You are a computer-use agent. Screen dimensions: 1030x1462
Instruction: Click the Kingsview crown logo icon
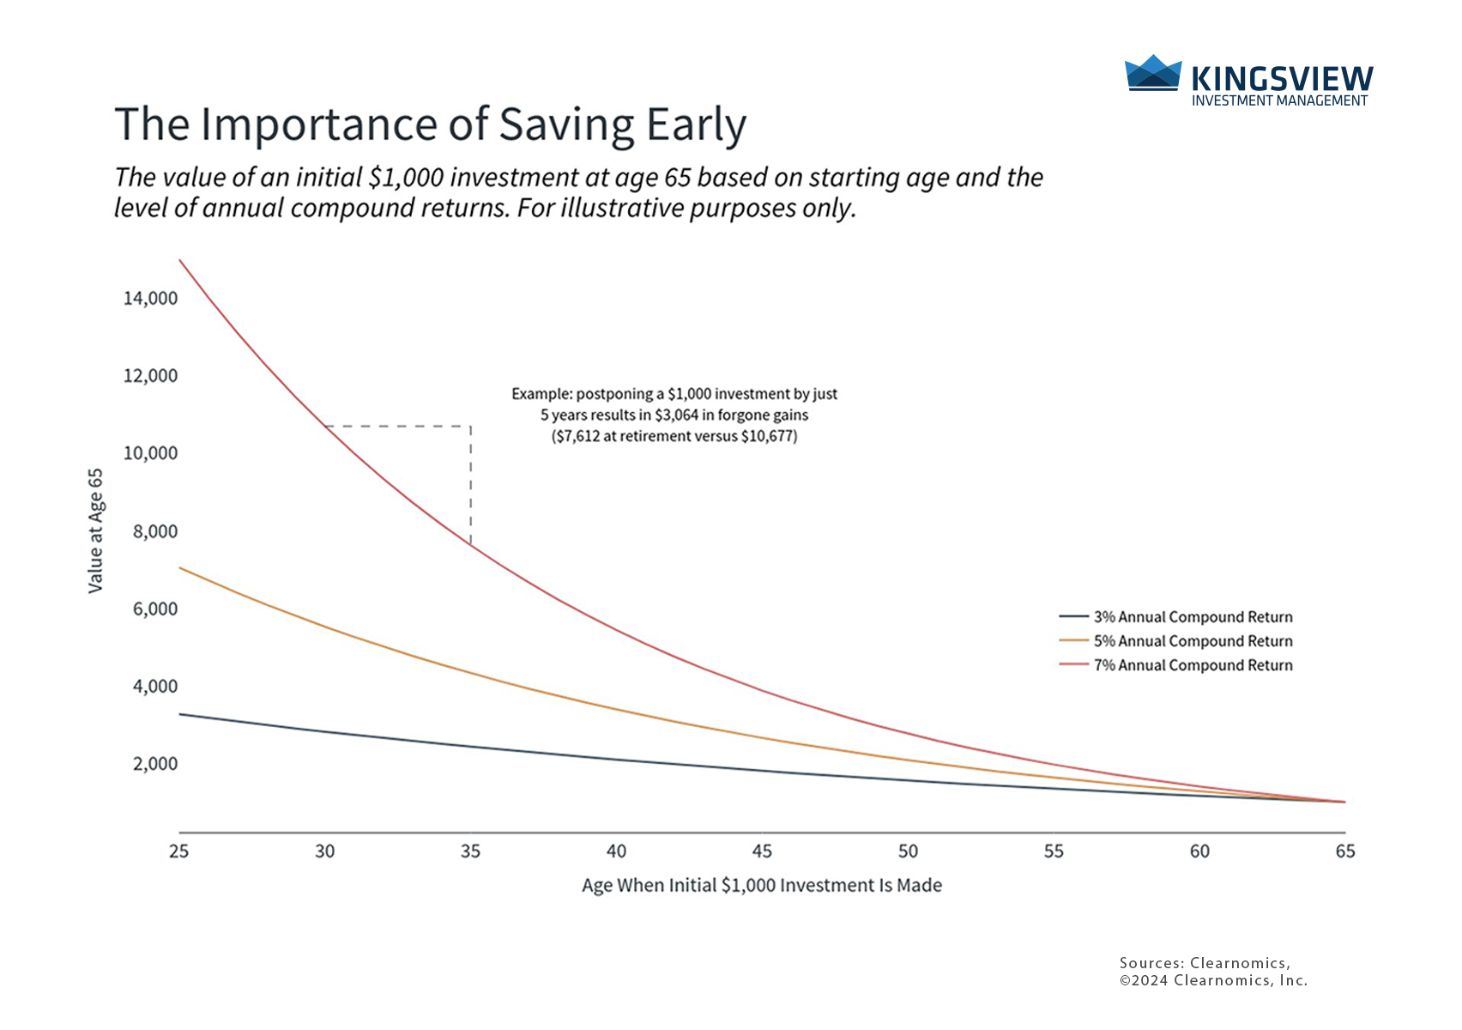1153,73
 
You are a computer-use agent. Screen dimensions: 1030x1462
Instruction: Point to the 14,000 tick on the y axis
151,299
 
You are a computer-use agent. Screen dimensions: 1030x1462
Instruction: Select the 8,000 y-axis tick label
155,531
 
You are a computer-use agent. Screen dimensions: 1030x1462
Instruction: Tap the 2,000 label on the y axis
155,764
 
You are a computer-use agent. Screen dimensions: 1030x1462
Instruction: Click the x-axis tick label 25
178,851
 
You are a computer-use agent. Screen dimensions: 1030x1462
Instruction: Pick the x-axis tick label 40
616,851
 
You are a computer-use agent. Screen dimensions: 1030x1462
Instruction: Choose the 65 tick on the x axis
1345,851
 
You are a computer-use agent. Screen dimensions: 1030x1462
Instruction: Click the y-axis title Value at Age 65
95,530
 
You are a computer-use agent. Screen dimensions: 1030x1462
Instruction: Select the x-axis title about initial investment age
762,886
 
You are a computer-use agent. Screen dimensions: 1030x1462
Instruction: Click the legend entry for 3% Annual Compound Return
1193,617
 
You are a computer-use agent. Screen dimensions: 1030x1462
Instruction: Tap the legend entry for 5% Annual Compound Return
1193,641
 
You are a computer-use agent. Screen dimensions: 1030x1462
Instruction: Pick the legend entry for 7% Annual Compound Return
1193,665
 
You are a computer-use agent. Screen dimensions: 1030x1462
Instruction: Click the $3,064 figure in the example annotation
675,415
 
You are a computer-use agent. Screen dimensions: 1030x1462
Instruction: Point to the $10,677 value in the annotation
768,436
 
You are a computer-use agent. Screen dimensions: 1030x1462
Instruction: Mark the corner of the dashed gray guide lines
470,426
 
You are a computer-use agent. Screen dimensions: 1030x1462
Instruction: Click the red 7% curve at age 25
179,260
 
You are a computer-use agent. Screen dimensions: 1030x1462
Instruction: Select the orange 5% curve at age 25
179,567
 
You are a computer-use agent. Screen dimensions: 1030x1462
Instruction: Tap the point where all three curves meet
1344,802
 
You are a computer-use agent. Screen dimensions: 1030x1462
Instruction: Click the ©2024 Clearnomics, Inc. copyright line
1213,980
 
